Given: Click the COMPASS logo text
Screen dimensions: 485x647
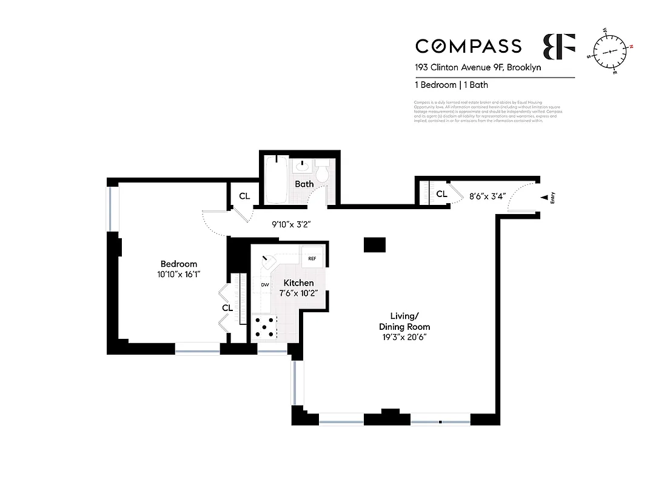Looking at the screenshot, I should pyautogui.click(x=468, y=46).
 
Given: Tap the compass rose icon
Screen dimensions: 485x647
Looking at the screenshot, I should pyautogui.click(x=611, y=50).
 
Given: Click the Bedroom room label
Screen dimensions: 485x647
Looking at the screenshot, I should pyautogui.click(x=179, y=264).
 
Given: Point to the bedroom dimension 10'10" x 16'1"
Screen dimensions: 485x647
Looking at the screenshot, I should pyautogui.click(x=179, y=274).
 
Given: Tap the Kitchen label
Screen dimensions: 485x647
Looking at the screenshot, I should pyautogui.click(x=299, y=283).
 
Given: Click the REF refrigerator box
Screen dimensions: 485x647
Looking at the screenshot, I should pyautogui.click(x=312, y=258).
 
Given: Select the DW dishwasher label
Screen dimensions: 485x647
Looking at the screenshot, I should pyautogui.click(x=264, y=284).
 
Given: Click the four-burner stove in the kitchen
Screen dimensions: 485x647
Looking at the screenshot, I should pyautogui.click(x=264, y=327).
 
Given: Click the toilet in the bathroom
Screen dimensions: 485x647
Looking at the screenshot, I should pyautogui.click(x=323, y=171).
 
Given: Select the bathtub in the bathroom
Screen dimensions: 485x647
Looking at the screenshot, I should pyautogui.click(x=277, y=179).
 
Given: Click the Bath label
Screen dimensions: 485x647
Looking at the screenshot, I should pyautogui.click(x=304, y=184).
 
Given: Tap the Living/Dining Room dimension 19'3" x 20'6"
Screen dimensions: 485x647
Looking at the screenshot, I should pyautogui.click(x=404, y=337).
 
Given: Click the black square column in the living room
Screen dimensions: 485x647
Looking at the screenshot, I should pyautogui.click(x=374, y=244).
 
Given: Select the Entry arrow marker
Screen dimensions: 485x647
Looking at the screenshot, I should pyautogui.click(x=545, y=197).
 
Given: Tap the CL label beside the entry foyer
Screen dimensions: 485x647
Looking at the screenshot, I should pyautogui.click(x=442, y=194).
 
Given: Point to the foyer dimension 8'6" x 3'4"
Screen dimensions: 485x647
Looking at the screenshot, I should pyautogui.click(x=489, y=196).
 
